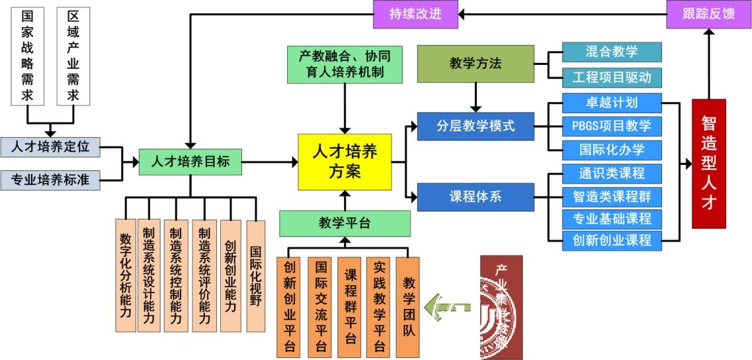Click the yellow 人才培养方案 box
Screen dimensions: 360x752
[344, 162]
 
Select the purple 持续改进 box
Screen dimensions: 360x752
[416, 14]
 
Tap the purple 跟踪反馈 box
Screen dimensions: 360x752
[708, 14]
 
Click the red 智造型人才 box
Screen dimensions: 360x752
[708, 163]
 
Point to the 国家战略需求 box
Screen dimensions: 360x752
[27, 56]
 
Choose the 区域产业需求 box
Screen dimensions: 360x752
[73, 56]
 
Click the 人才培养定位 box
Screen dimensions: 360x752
[50, 147]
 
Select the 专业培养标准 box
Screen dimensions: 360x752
[50, 180]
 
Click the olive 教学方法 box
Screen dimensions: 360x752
[475, 64]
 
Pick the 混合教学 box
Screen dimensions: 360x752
[611, 52]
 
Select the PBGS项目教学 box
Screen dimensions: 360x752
[611, 125]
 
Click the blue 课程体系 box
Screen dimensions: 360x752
[475, 197]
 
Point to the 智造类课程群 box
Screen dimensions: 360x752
[611, 196]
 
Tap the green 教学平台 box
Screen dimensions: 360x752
[344, 223]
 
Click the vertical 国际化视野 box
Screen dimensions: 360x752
[255, 275]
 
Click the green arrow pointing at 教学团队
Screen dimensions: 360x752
[448, 307]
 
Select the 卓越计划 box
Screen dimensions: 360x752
[611, 103]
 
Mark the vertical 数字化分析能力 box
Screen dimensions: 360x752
[125, 275]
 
